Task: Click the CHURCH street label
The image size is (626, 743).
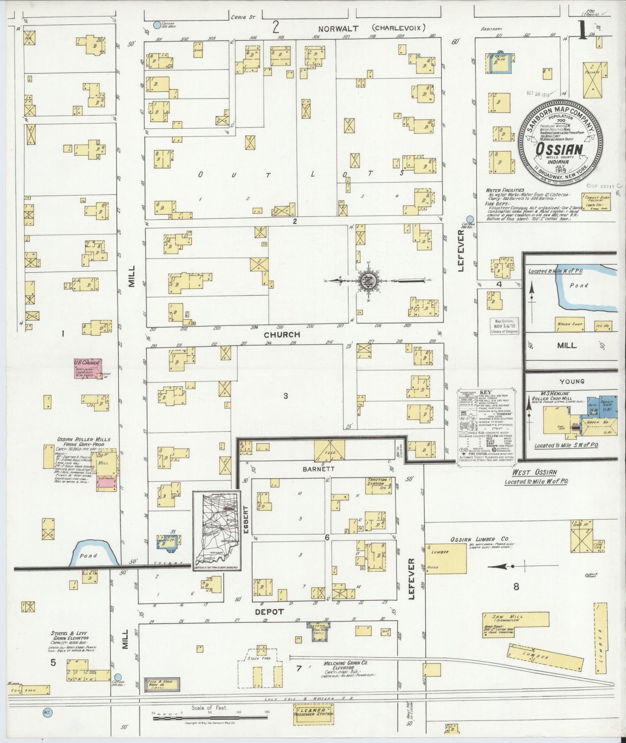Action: coord(282,334)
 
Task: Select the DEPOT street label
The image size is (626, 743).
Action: coord(269,611)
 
